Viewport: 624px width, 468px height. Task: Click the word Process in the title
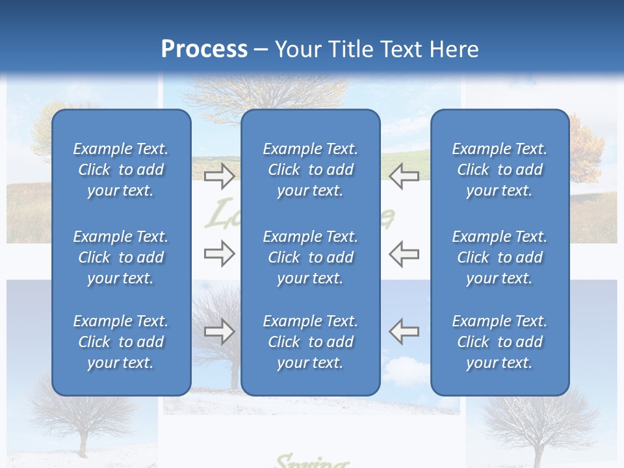[204, 49]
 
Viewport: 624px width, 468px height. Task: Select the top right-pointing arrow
[220, 175]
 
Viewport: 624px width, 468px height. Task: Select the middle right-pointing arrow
[220, 253]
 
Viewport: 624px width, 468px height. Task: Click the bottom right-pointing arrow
[220, 331]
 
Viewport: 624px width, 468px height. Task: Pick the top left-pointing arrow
[404, 175]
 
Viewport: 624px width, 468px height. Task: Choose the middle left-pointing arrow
[404, 253]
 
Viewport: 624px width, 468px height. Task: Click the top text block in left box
[121, 170]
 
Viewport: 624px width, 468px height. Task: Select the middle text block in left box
[121, 257]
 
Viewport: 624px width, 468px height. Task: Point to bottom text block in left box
[121, 342]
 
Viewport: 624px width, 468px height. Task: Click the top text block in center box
[310, 170]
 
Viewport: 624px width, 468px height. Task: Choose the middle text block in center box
[310, 257]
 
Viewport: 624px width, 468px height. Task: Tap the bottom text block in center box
[310, 342]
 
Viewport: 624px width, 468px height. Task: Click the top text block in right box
[499, 170]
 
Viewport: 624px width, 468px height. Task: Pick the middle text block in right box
[499, 257]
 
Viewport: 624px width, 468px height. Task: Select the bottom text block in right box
[499, 342]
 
